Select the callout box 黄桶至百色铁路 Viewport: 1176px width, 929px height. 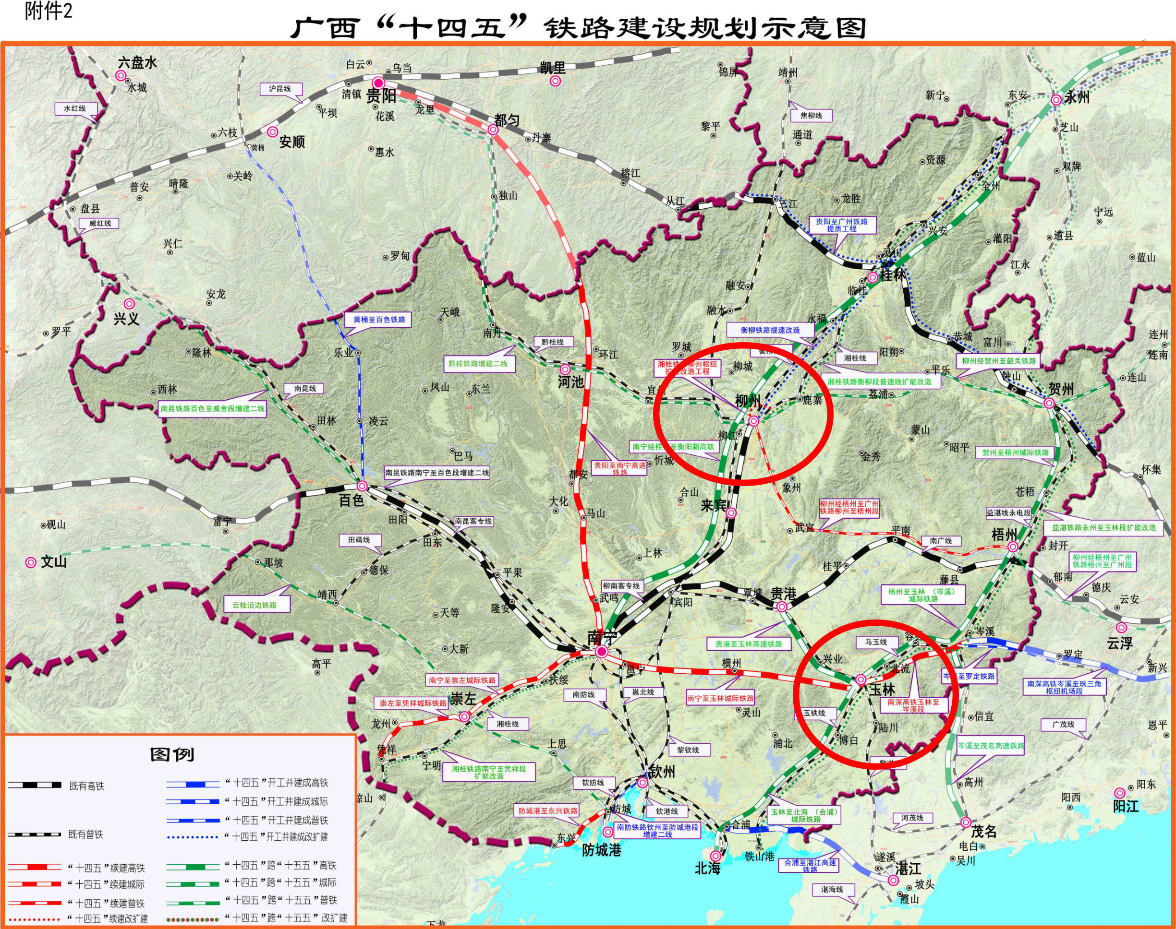tap(379, 320)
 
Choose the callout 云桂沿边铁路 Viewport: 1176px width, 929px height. tap(254, 605)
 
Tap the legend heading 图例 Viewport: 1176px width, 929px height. tap(172, 755)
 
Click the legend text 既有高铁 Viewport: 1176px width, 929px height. tap(86, 786)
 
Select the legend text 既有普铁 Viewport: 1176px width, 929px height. tap(85, 834)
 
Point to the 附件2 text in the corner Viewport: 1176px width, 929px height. tap(48, 12)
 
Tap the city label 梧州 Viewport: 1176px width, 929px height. tap(1004, 535)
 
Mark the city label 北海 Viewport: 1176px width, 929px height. tap(707, 869)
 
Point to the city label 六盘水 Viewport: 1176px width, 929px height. tap(137, 63)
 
